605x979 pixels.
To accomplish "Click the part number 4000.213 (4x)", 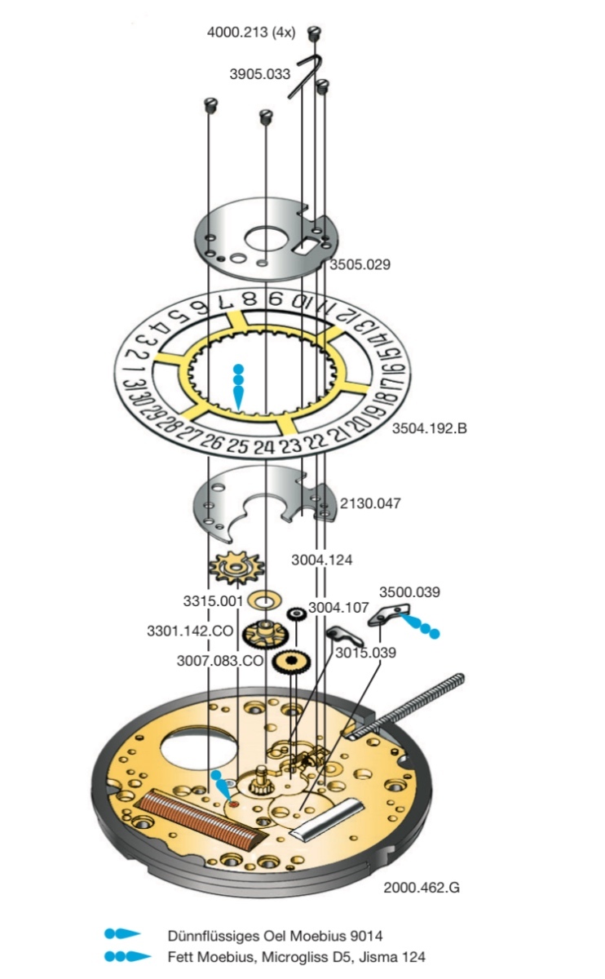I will (254, 33).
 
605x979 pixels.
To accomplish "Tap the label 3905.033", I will (259, 73).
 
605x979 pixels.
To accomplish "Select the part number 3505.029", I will (360, 265).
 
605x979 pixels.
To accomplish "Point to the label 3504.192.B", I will (429, 428).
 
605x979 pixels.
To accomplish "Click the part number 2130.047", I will (370, 503).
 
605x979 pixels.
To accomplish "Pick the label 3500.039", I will (409, 591).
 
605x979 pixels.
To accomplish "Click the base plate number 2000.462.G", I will (421, 887).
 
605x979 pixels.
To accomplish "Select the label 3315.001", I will (214, 601).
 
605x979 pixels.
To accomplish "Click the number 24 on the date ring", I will (263, 446).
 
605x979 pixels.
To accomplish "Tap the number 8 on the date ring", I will (251, 299).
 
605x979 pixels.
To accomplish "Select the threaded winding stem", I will (408, 705).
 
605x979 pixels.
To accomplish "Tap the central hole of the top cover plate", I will (263, 239).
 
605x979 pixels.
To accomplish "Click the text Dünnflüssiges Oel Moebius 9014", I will (275, 935).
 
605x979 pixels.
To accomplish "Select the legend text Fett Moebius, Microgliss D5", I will (261, 957).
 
